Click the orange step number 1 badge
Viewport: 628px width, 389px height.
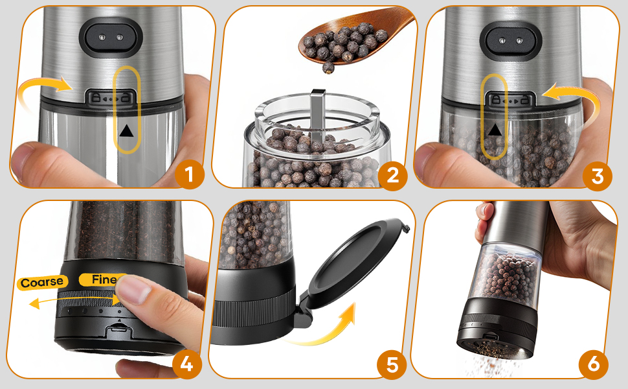click(x=189, y=174)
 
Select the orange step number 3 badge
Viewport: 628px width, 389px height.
click(x=596, y=174)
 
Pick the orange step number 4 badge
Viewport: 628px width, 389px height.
click(x=186, y=364)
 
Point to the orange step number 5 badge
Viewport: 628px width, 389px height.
click(x=391, y=364)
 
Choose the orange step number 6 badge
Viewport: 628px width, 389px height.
click(x=594, y=364)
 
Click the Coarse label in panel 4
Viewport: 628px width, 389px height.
click(x=42, y=282)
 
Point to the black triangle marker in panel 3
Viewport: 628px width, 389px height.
click(x=495, y=130)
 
